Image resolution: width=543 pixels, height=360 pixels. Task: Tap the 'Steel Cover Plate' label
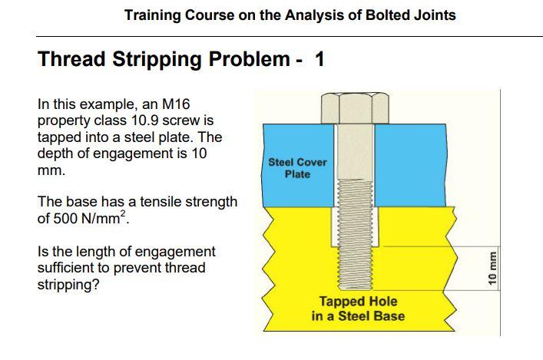297,168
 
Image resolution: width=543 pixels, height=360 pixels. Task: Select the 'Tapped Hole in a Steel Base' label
358,309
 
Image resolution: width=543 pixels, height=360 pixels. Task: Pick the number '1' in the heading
320,60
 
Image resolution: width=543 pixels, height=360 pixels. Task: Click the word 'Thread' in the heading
71,60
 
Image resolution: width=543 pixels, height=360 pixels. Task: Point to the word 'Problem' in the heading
247,60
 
